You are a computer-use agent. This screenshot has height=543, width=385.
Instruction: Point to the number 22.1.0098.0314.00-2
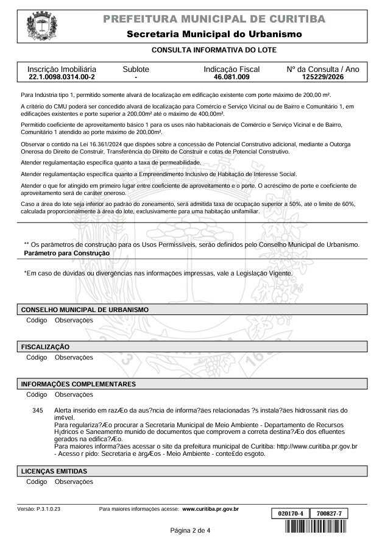[x=62, y=78]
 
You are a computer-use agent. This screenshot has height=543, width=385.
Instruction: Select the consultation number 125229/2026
[x=323, y=78]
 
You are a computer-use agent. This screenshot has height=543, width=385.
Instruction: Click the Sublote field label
[x=136, y=69]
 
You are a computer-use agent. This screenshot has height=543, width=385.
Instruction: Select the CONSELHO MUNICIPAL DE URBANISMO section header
[x=85, y=310]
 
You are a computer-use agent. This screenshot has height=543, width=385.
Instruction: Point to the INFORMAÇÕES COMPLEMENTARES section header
[x=78, y=385]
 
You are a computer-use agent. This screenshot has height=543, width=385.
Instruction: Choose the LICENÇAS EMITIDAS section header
[x=54, y=471]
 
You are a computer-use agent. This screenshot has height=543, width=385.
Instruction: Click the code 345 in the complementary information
[x=37, y=411]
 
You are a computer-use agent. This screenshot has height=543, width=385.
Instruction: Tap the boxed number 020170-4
[x=289, y=514]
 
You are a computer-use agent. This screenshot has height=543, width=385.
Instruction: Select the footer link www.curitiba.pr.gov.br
[x=210, y=508]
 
